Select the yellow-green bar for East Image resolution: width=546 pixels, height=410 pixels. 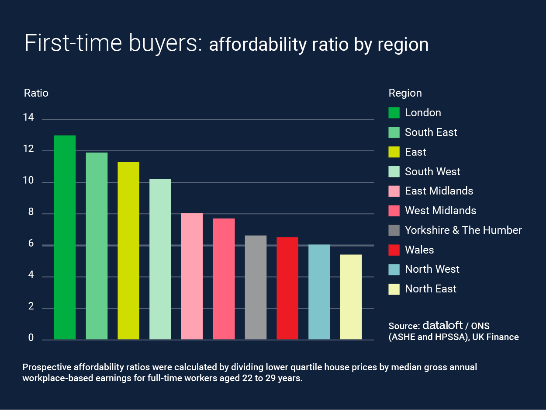(128, 251)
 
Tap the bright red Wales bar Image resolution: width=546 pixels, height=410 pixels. (287, 288)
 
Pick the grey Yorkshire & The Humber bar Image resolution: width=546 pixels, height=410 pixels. (256, 288)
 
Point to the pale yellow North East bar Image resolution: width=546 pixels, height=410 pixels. (351, 297)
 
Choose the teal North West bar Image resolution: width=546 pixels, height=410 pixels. (319, 292)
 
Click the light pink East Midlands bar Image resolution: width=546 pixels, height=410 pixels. (192, 276)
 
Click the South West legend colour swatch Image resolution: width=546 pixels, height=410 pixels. (394, 172)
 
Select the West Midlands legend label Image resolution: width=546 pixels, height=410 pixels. (440, 211)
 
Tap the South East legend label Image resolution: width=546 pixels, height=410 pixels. (431, 132)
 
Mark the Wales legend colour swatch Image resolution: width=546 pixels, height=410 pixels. (394, 250)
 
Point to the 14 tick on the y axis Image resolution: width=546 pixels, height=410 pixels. (29, 118)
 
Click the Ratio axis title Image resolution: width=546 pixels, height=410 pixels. (36, 93)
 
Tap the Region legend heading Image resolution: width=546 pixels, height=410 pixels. (405, 93)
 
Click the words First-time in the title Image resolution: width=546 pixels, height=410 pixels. (71, 43)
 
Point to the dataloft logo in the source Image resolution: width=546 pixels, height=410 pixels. (442, 325)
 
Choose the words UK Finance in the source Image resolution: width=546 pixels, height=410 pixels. (495, 337)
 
